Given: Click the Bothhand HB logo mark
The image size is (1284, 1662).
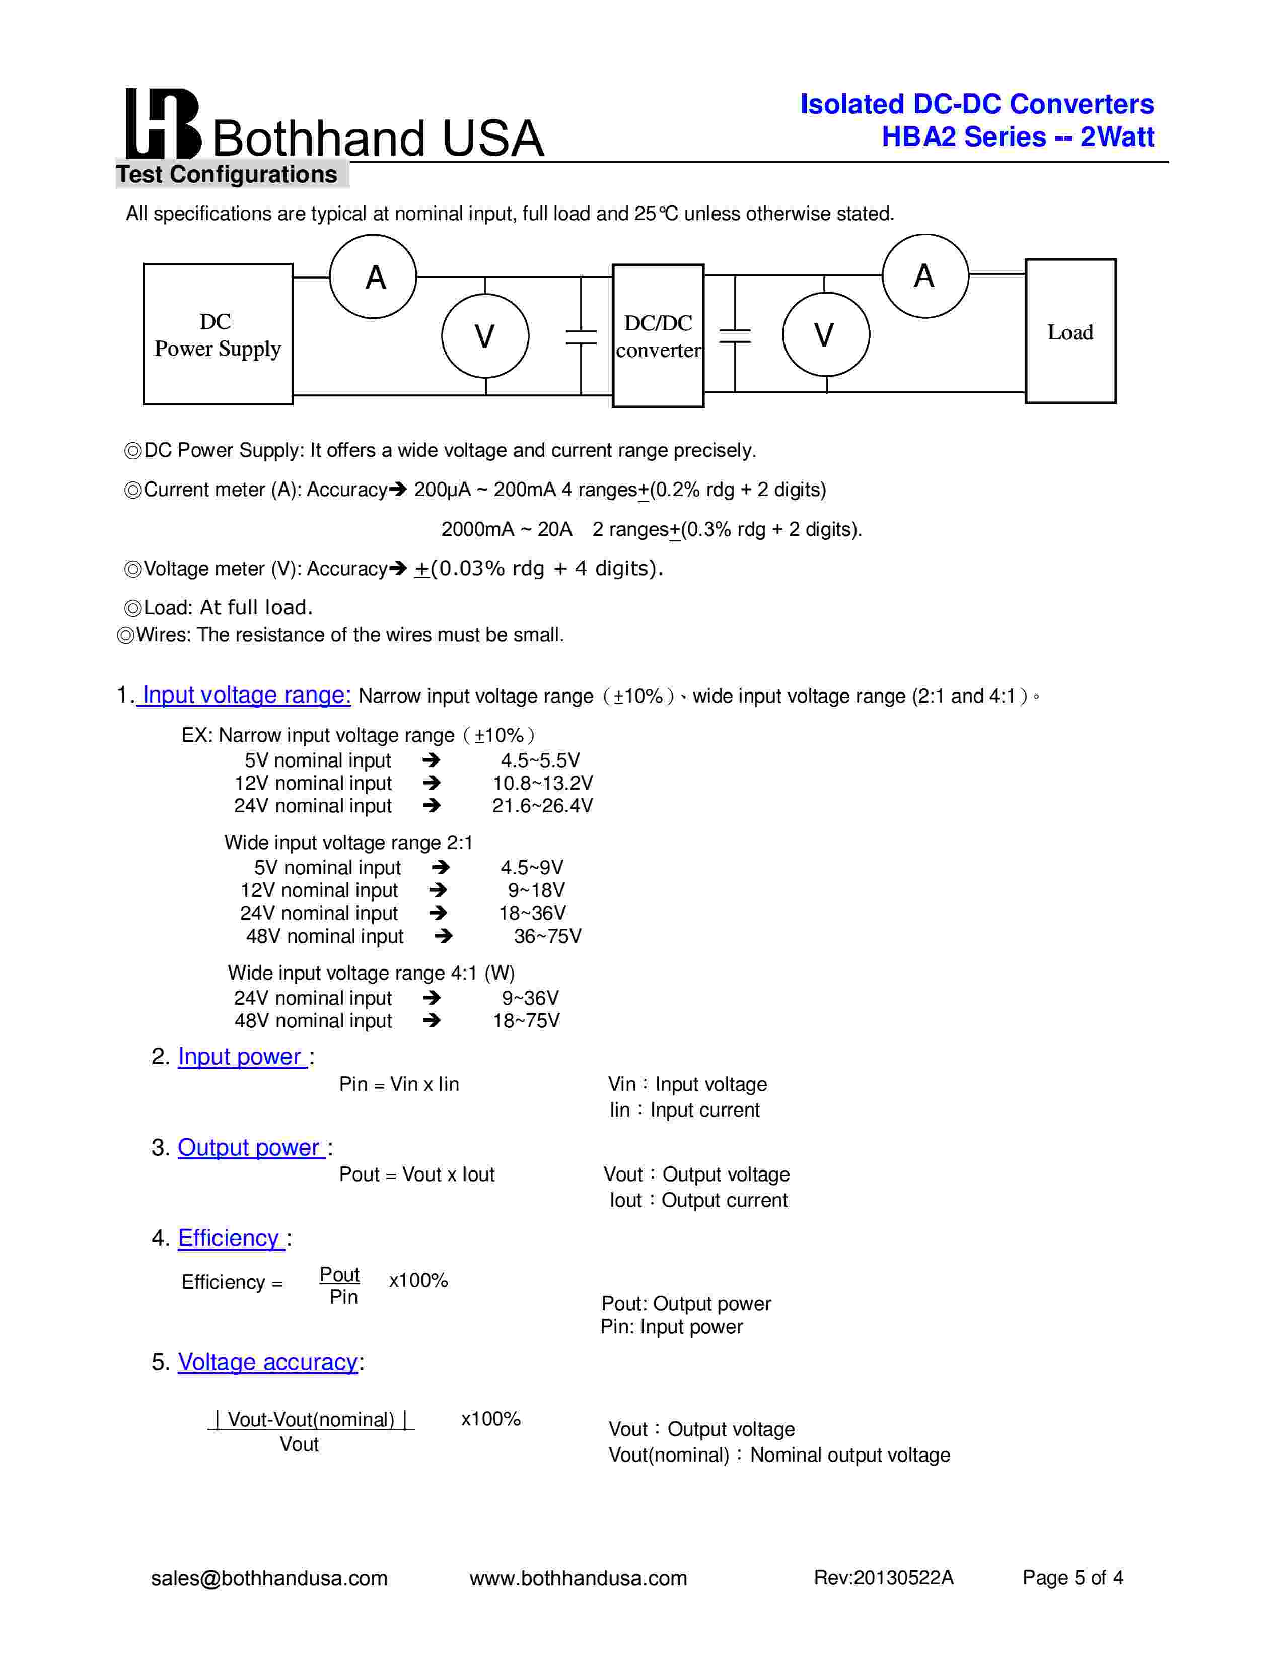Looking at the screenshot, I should [x=162, y=123].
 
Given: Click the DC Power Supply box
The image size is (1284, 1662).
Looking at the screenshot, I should [x=218, y=334].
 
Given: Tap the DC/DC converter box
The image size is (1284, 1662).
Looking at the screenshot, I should [x=658, y=335].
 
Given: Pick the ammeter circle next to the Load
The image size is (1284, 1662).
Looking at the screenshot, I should [x=925, y=275].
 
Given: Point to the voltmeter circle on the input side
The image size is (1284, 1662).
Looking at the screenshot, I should [x=485, y=335].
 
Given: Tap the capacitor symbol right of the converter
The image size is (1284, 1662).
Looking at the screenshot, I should [x=735, y=335].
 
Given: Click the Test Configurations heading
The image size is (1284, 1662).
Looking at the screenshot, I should [x=227, y=174].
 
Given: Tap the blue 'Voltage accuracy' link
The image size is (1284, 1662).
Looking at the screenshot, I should [x=268, y=1362].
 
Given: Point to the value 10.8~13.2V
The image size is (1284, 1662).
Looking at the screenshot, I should [x=542, y=783].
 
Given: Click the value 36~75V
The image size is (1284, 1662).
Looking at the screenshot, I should [x=547, y=936].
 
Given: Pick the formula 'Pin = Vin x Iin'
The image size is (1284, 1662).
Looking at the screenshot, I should [x=399, y=1084].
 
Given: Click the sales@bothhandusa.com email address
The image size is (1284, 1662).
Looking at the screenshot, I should [x=269, y=1578].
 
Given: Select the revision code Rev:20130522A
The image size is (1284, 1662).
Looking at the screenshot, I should [x=883, y=1578].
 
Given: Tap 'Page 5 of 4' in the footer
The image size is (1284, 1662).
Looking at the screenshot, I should [x=1073, y=1578].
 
